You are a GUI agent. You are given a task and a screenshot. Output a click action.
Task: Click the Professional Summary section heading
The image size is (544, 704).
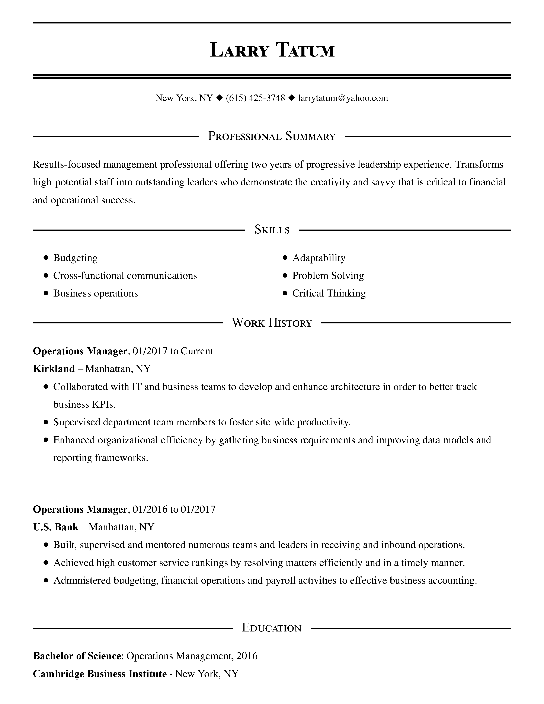[272, 136]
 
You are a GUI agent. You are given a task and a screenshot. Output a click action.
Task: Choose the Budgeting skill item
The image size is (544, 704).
[75, 258]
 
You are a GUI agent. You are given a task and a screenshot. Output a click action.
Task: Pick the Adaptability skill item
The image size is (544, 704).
[319, 258]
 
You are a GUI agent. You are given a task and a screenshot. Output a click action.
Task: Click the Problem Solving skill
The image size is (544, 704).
[328, 276]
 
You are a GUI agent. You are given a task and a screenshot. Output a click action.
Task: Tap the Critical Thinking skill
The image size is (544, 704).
[329, 293]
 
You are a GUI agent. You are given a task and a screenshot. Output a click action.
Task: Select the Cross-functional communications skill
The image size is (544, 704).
[125, 276]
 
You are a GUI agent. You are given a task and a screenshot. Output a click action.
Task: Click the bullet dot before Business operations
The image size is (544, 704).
[46, 293]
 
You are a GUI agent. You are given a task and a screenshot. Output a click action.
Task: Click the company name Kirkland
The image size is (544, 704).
[54, 369]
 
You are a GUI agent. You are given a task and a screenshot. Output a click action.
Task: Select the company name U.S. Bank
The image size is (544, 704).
[56, 527]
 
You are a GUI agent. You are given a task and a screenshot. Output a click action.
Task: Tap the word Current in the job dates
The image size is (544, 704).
[197, 351]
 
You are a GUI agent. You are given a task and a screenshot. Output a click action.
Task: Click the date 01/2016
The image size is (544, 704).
[150, 509]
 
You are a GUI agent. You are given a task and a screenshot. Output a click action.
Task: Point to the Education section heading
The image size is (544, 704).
[272, 628]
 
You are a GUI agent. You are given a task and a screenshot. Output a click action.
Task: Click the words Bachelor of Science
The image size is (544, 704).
[77, 656]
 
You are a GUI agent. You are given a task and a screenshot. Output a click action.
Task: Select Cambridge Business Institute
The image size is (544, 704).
[100, 674]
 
